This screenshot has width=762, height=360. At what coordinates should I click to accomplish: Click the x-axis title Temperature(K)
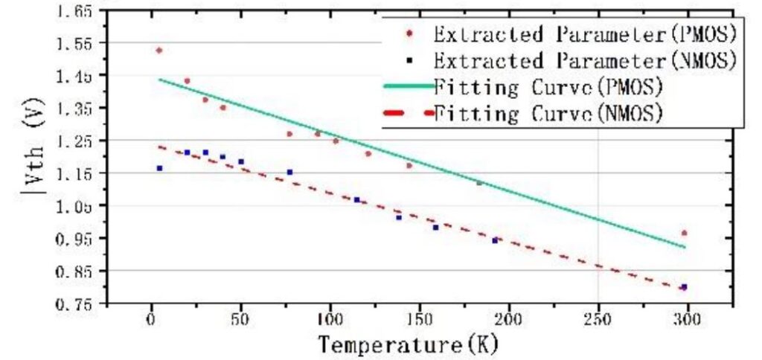408,344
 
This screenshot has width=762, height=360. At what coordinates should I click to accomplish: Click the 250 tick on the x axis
598,320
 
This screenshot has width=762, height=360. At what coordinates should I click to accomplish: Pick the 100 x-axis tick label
330,320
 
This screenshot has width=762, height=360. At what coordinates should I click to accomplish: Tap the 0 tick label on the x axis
152,320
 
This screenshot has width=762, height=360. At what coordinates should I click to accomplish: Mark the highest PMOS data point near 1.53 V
159,51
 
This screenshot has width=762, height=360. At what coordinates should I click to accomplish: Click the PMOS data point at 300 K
685,233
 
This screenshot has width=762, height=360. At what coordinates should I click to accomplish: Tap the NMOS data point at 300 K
684,287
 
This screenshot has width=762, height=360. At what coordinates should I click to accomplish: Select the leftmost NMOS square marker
159,168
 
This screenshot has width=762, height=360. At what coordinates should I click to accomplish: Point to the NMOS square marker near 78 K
289,172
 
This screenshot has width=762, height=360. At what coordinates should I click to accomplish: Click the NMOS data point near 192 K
495,240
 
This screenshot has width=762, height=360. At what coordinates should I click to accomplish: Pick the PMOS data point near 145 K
409,165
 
